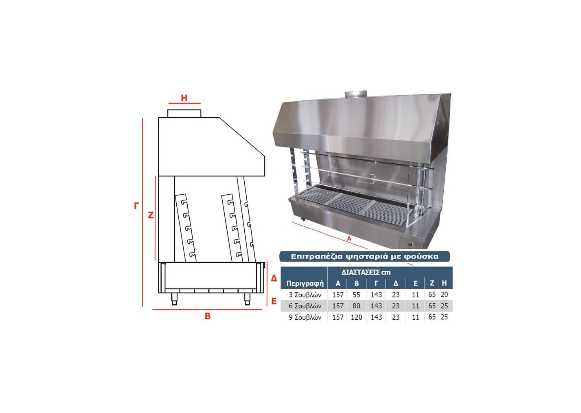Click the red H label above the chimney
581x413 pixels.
pyautogui.click(x=184, y=98)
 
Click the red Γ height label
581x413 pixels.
pyautogui.click(x=136, y=206)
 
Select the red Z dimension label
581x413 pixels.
pyautogui.click(x=150, y=215)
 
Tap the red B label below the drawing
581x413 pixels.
pyautogui.click(x=208, y=316)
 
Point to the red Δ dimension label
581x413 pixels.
pyautogui.click(x=274, y=278)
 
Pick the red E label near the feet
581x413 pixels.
pyautogui.click(x=274, y=301)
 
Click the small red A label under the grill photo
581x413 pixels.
pyautogui.click(x=349, y=238)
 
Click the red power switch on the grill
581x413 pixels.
pyautogui.click(x=410, y=244)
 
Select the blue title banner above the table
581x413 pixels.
pyautogui.click(x=365, y=256)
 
